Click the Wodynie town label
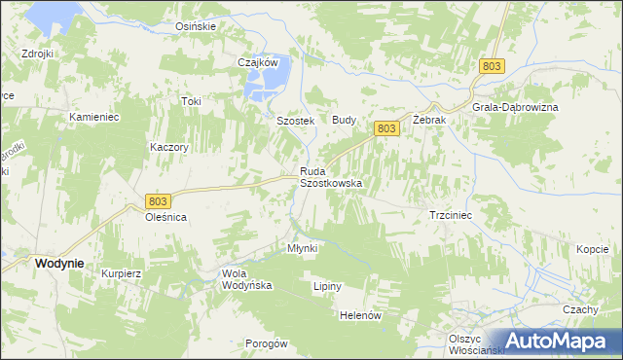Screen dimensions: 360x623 (57, 264)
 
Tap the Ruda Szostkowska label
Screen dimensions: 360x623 (330, 177)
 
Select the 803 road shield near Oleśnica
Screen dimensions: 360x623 (159, 200)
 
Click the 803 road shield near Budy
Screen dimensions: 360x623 (385, 127)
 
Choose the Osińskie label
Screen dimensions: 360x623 (195, 26)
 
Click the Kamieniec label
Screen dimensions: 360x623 (93, 117)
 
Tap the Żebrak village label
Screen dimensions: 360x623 (428, 119)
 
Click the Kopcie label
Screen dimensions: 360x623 (592, 249)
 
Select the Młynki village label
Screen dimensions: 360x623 (302, 248)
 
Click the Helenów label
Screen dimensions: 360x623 (359, 315)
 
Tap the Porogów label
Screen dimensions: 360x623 (267, 343)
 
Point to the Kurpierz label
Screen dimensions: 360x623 (122, 273)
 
